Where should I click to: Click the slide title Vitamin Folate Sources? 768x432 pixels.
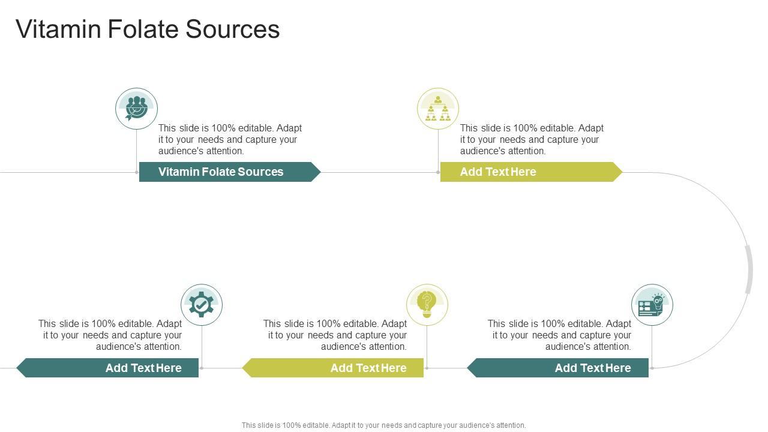coord(148,29)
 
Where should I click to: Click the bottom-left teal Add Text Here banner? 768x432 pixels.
coord(108,368)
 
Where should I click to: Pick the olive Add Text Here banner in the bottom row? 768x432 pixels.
coord(334,368)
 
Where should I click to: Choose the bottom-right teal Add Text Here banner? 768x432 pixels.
coord(558,368)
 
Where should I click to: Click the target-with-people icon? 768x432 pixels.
coord(137,109)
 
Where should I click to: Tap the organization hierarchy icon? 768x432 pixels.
coord(438,109)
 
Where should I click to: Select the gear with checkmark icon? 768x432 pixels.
coord(202,305)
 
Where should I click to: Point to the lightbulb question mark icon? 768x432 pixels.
coord(427,305)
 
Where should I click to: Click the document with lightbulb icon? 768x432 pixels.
coord(652,305)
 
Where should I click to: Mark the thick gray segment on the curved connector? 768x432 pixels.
coord(749,269)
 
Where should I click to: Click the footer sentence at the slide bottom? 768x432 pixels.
coord(383,425)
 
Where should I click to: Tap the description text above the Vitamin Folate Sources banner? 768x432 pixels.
coord(230,139)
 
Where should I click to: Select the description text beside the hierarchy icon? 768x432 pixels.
coord(532,139)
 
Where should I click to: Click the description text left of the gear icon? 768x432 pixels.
coord(110,335)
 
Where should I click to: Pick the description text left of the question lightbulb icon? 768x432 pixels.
coord(335,335)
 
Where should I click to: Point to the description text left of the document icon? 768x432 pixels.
coord(560,335)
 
